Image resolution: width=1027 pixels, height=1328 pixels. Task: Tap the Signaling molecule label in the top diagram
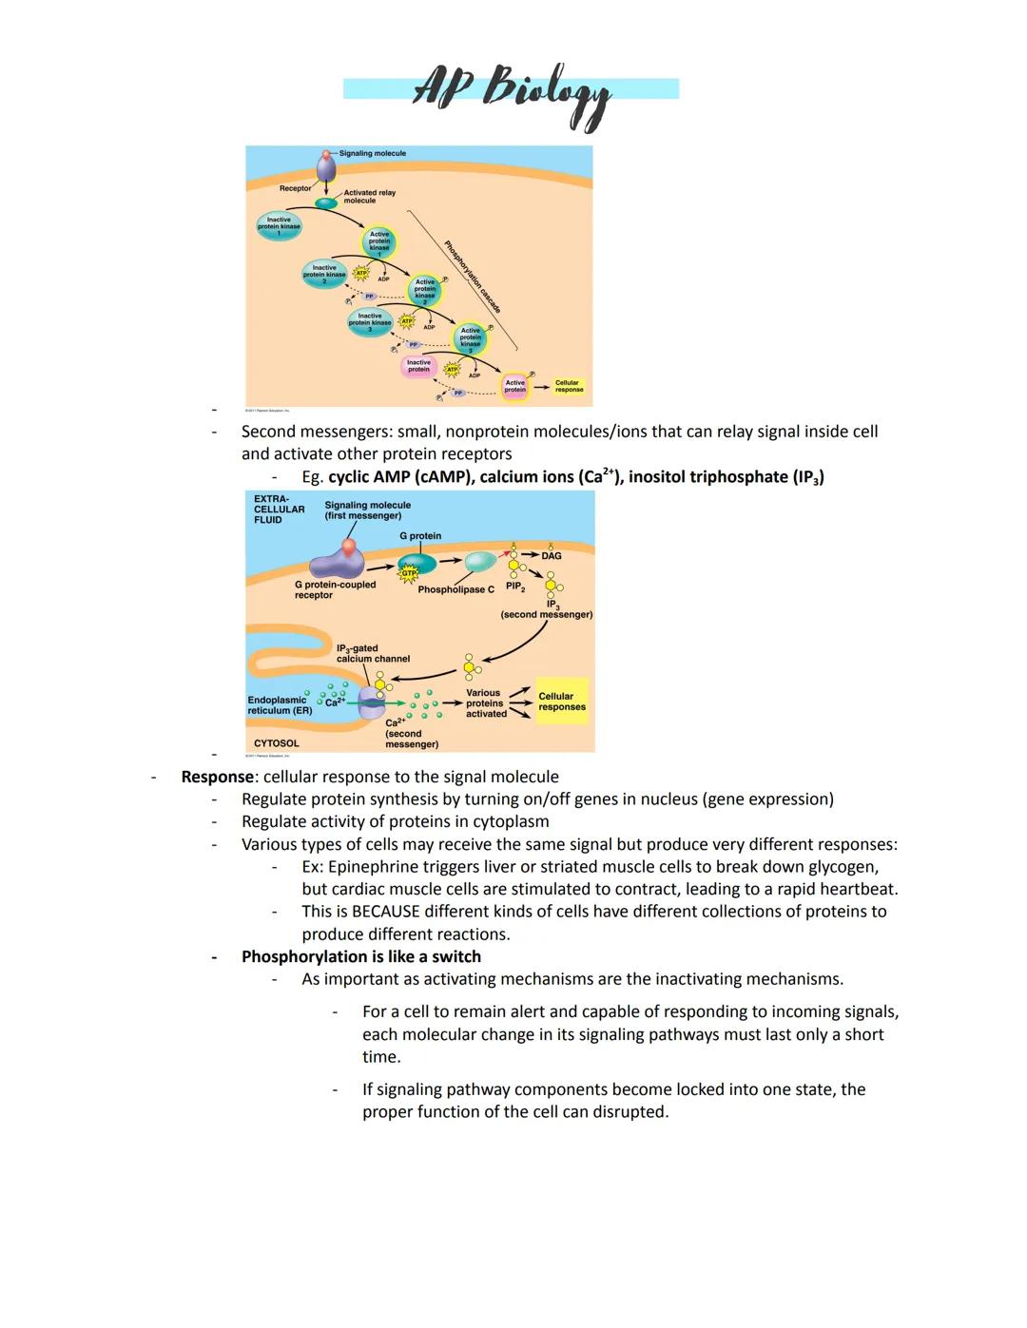pos(372,153)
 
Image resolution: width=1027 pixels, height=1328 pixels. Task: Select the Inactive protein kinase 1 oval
pos(279,225)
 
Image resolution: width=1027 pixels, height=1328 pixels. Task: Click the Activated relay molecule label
pos(369,196)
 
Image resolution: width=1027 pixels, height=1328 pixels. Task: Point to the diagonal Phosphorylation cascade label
pos(473,277)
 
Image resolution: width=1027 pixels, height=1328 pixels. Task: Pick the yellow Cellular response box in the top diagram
pos(569,386)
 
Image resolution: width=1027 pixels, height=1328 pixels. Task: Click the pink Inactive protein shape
pos(418,366)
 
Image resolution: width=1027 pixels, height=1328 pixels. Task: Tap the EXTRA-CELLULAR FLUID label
pos(279,509)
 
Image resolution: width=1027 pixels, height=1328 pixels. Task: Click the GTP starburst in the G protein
pos(409,572)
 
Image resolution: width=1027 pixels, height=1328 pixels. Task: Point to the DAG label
pos(552,555)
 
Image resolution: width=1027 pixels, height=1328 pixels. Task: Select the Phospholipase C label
pos(455,589)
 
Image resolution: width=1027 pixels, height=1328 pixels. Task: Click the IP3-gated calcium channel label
pos(373,653)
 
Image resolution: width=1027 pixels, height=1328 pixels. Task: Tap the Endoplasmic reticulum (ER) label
pos(280,705)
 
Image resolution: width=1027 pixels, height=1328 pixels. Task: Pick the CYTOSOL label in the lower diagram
pos(276,743)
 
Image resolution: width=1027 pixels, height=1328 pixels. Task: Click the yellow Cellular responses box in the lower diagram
pos(562,702)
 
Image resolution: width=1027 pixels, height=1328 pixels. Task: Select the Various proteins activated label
pos(486,703)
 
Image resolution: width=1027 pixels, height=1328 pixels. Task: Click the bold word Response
pos(217,777)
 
